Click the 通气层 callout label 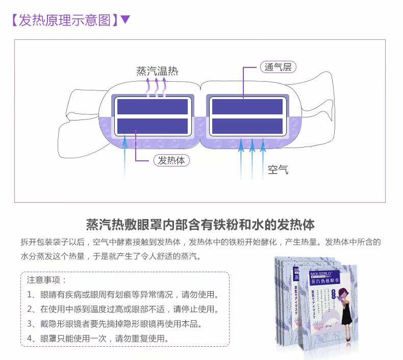point(278,67)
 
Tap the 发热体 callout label point(171,160)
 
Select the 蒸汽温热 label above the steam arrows point(157,71)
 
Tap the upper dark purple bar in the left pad point(153,107)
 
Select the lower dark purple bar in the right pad point(247,126)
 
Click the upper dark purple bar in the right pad point(247,107)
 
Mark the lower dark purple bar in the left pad point(153,126)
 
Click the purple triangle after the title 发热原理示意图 point(125,20)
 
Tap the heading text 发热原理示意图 point(65,20)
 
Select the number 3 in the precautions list point(30,324)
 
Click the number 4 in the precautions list point(30,338)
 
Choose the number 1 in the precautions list point(30,295)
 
